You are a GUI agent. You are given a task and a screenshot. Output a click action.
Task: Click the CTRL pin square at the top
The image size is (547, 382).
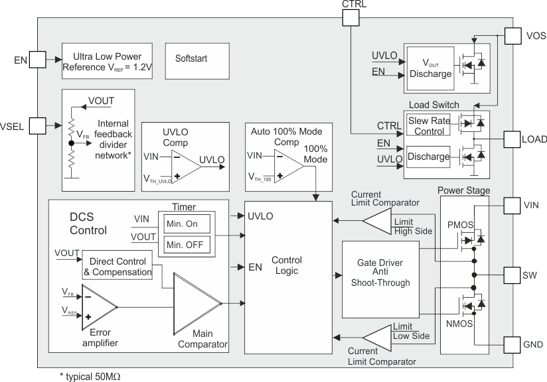[351, 18]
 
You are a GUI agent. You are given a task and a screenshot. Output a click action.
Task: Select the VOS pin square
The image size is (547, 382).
[513, 36]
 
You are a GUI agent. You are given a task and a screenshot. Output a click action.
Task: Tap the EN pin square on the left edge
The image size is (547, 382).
[37, 60]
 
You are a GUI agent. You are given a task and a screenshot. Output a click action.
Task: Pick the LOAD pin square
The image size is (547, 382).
[513, 139]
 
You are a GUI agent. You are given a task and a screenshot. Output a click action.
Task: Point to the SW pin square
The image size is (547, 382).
[513, 275]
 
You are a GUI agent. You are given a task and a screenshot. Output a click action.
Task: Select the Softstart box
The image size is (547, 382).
[191, 60]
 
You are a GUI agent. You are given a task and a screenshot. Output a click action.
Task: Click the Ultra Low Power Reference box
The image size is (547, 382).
[106, 61]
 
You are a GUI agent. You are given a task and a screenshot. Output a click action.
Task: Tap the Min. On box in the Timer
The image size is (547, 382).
[187, 224]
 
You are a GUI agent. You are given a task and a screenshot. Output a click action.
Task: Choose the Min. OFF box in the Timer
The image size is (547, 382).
[187, 245]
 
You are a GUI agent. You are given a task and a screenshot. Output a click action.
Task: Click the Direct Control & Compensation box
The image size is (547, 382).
[117, 267]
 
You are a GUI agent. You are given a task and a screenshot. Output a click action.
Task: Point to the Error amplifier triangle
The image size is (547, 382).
[96, 306]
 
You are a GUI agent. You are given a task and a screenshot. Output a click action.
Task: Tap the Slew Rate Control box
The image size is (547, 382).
[429, 125]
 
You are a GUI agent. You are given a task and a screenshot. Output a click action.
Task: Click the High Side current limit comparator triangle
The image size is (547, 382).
[378, 220]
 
